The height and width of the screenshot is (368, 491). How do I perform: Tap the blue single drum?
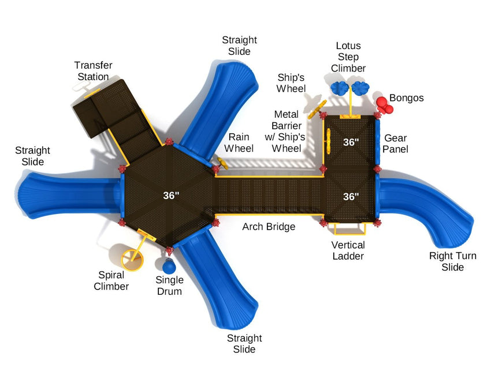tap(169, 266)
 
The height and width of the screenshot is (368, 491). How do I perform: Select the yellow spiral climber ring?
tap(132, 258)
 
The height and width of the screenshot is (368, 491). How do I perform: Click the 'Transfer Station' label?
tap(93, 71)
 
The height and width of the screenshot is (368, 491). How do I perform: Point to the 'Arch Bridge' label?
tap(269, 227)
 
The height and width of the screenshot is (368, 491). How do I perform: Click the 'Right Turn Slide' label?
tap(452, 261)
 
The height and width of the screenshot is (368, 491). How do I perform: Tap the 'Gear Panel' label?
tap(396, 144)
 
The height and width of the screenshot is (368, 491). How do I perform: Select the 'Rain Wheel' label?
tap(239, 143)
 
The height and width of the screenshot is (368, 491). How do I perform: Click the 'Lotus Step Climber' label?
tap(348, 57)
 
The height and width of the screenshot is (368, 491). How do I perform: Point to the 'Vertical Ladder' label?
tap(348, 250)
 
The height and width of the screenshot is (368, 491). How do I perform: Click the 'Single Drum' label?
tap(169, 286)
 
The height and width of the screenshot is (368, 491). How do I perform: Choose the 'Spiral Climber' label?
tap(111, 280)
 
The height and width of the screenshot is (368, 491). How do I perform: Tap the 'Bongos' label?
tap(406, 98)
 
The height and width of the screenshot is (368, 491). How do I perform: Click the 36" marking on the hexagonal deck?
tap(171, 196)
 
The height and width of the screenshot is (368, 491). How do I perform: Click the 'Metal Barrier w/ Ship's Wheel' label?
tap(287, 132)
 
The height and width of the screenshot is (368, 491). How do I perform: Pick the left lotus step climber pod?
tap(339, 88)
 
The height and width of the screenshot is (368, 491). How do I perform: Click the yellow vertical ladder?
tap(349, 229)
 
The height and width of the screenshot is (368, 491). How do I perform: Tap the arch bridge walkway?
tap(268, 196)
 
